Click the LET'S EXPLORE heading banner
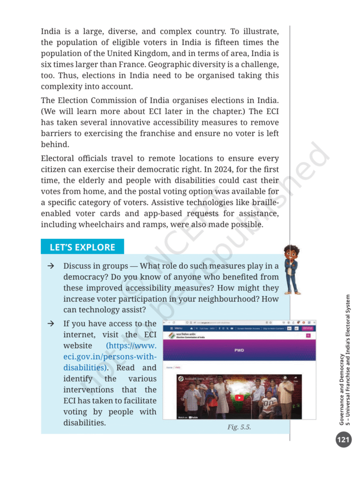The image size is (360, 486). [x=82, y=247]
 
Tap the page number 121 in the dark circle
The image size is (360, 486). [x=343, y=440]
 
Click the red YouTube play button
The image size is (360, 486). [x=239, y=398]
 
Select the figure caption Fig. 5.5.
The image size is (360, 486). [x=239, y=427]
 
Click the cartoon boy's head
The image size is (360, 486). [x=291, y=252]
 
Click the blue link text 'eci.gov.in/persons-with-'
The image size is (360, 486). [x=109, y=356]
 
